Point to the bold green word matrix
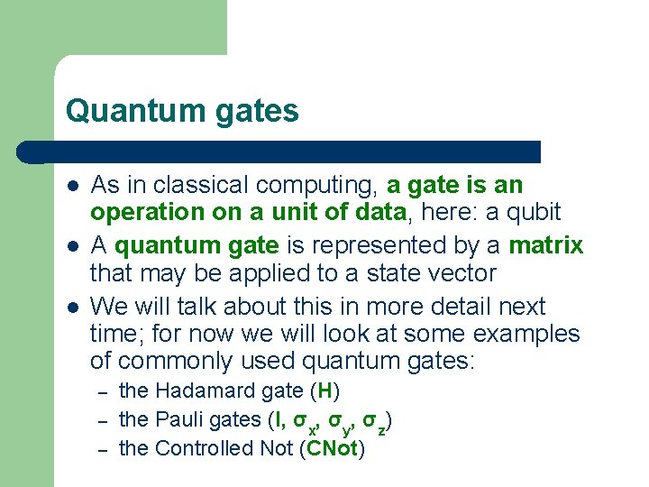[546, 245]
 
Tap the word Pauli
[178, 419]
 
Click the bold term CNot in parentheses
[334, 448]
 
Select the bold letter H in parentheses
[324, 391]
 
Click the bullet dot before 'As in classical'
[72, 187]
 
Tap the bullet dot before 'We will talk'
[72, 307]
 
